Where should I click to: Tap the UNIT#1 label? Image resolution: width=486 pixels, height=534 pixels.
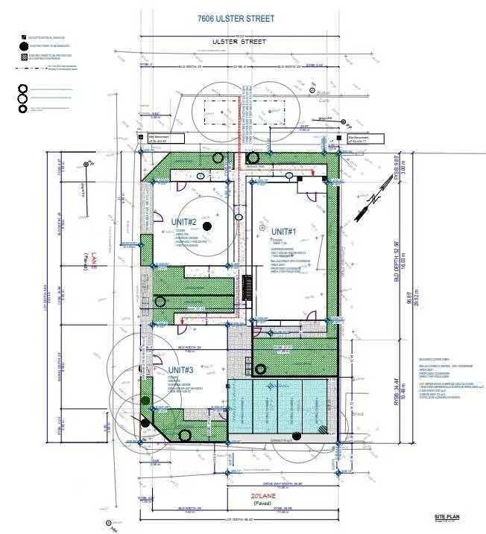coord(284,232)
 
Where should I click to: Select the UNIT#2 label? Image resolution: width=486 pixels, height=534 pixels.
coord(182,222)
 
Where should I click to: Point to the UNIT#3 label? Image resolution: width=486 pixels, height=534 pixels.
coord(180,370)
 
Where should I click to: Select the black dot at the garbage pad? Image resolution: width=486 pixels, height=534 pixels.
coord(260,369)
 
